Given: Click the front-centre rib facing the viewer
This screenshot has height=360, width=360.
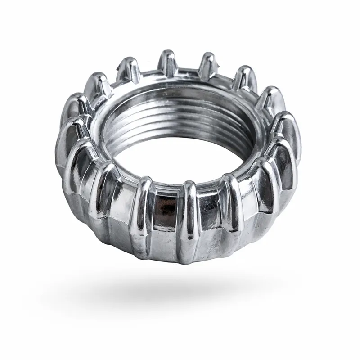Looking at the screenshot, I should coord(189,211).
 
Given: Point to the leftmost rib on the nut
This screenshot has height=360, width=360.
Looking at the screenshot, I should coord(70,135).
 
